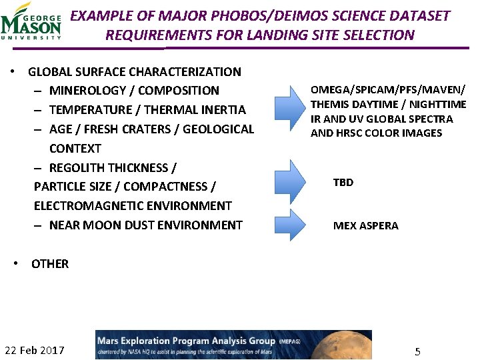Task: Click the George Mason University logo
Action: pos(31,21)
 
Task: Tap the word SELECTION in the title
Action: pos(381,35)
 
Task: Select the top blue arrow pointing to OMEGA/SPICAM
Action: pos(289,107)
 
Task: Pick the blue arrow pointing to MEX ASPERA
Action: pos(289,225)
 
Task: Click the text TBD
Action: pos(343,182)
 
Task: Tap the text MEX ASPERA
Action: pos(365,225)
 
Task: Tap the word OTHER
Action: pos(50,264)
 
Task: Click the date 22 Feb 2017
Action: pos(35,350)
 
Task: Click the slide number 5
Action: pos(417,351)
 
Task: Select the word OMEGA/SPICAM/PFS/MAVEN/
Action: pos(388,90)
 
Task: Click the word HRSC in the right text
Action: pos(353,133)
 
